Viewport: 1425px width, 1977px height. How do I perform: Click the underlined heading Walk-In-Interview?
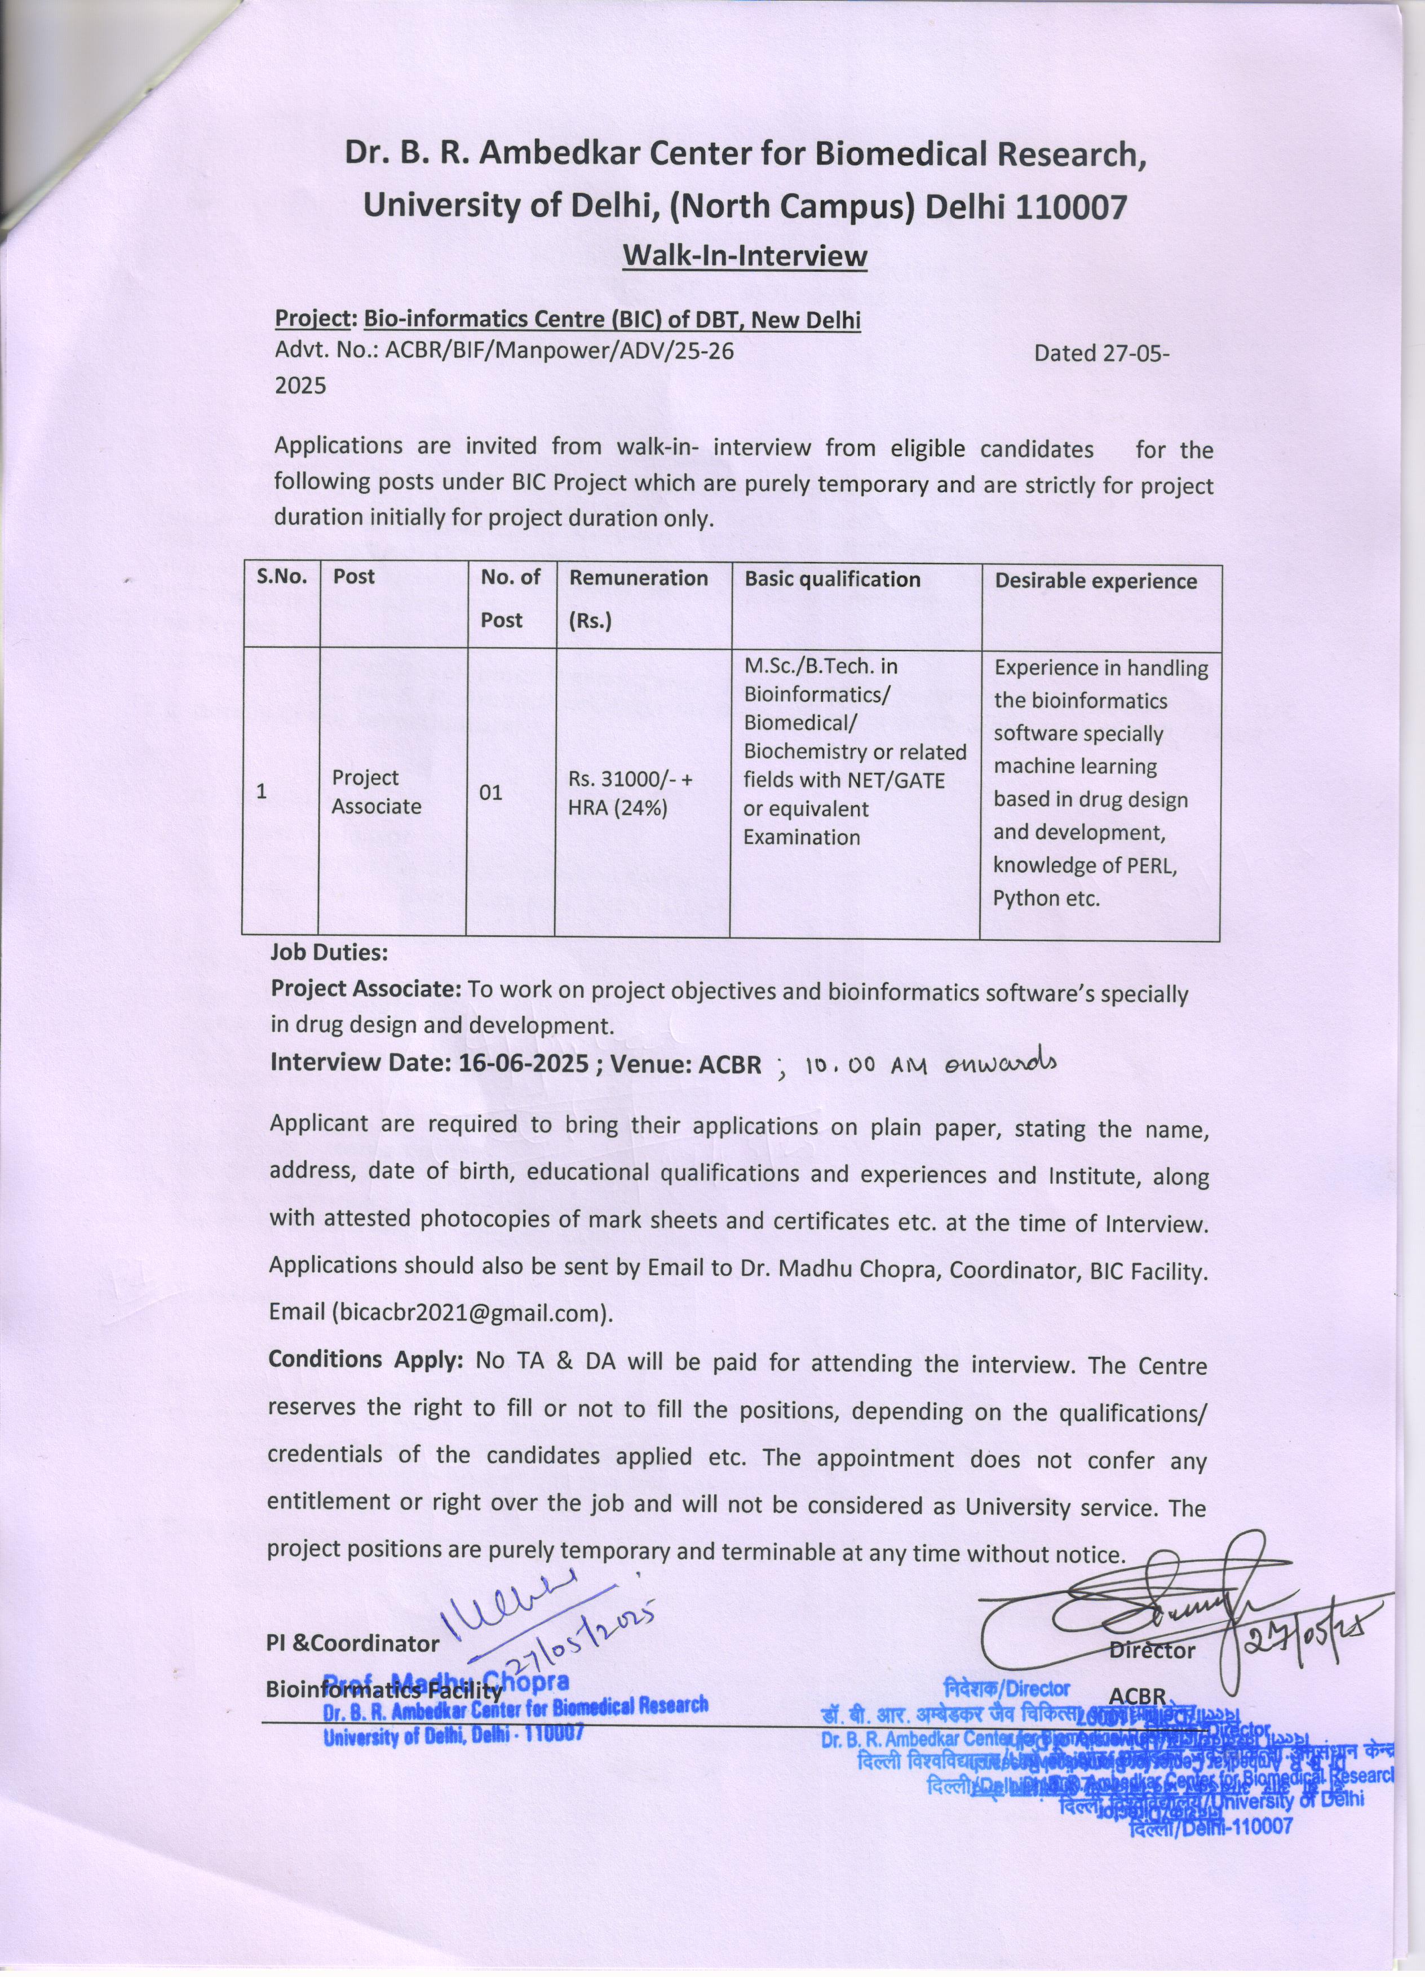click(745, 256)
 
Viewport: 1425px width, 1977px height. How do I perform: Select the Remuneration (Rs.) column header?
click(638, 598)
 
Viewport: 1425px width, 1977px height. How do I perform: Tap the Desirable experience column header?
click(1096, 581)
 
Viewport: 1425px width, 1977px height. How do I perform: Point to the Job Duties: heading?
click(329, 952)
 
